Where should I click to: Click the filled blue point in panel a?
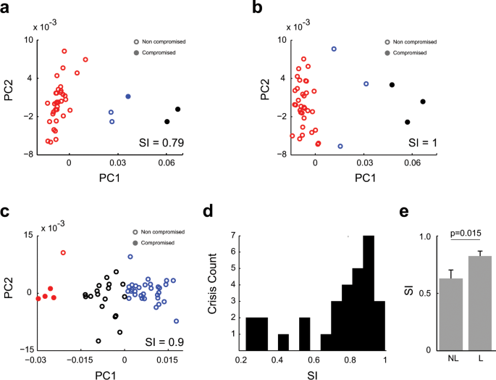coord(128,96)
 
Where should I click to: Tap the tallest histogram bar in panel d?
coord(368,290)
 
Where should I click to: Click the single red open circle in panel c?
coord(63,253)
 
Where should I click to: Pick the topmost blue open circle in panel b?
coord(334,49)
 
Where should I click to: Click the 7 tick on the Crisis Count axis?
coord(230,236)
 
